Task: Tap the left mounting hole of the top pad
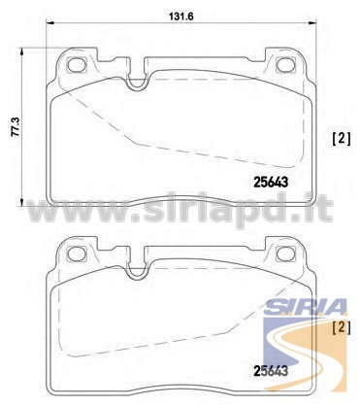pos(77,65)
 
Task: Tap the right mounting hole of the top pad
pos(286,65)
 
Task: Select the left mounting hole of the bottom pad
pos(77,254)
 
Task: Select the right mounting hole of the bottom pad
pos(286,254)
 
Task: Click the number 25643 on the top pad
pos(271,183)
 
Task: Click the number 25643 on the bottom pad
pos(271,371)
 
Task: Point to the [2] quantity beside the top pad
pos(342,140)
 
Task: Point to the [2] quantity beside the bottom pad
pos(342,327)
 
